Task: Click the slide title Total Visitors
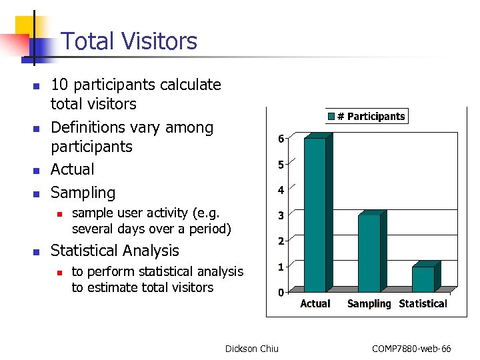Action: click(129, 41)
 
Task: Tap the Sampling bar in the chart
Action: click(369, 252)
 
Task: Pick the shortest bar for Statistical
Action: click(423, 278)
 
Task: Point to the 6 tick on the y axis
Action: click(281, 139)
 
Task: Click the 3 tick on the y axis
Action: click(281, 215)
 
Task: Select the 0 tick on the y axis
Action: click(281, 293)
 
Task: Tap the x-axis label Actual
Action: click(315, 304)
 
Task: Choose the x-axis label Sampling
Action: click(369, 304)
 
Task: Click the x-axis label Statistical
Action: click(423, 304)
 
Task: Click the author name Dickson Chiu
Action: click(252, 349)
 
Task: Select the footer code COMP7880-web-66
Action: click(411, 349)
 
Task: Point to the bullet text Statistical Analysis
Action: click(115, 251)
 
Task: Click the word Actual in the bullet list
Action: click(73, 169)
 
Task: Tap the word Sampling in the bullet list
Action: click(83, 193)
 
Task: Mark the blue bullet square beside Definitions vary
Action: click(37, 128)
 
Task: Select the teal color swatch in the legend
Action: click(331, 117)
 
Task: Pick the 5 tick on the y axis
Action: click(281, 165)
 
